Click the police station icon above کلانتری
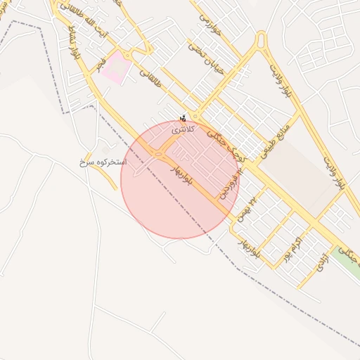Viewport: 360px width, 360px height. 184,118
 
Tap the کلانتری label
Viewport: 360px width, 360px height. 183,129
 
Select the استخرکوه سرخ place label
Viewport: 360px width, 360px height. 103,162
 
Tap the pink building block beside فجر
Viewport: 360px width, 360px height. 117,68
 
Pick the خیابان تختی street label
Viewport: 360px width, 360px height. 199,57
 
